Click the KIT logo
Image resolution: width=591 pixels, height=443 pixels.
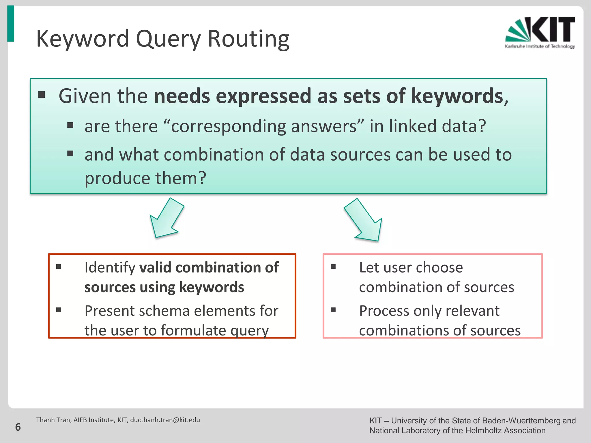click(540, 30)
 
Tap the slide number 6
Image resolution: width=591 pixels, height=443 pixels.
click(18, 427)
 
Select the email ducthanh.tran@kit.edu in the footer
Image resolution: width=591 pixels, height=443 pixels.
click(165, 420)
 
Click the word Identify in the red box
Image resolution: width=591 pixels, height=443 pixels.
click(110, 268)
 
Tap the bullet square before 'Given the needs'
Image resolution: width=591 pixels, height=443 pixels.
click(42, 95)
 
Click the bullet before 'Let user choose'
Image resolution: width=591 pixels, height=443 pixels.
click(333, 266)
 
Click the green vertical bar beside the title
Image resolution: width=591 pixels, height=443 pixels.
click(11, 24)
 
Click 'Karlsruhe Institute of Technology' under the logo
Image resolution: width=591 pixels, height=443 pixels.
click(540, 46)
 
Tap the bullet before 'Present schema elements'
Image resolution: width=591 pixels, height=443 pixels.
click(59, 310)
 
